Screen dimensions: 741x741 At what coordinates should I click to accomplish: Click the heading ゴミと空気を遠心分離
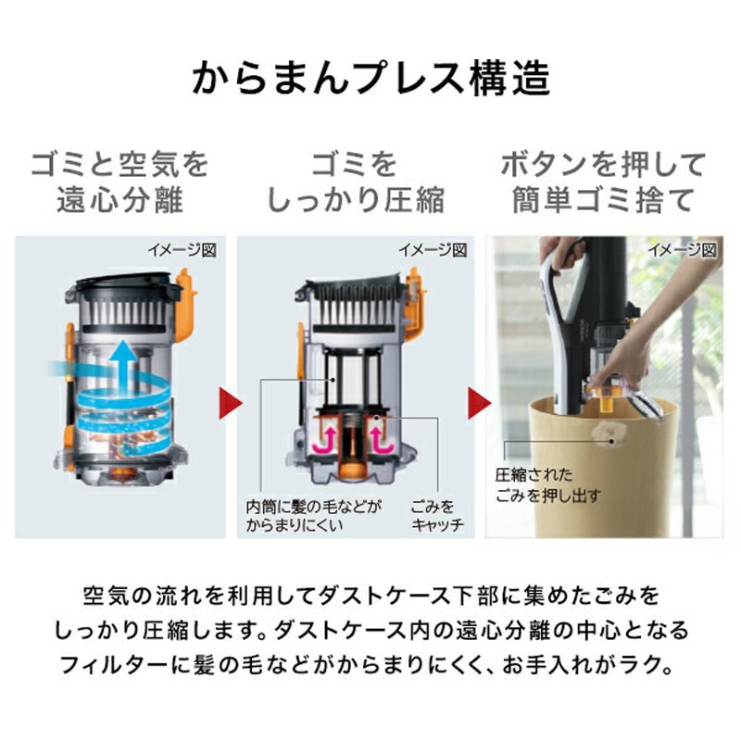120,182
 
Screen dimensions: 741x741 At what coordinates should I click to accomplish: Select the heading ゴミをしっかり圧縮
357,182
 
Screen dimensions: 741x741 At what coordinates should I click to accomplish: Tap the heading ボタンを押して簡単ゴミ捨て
603,182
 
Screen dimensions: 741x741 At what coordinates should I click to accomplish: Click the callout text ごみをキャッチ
435,516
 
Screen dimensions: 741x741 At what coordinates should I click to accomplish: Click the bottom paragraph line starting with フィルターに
370,665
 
